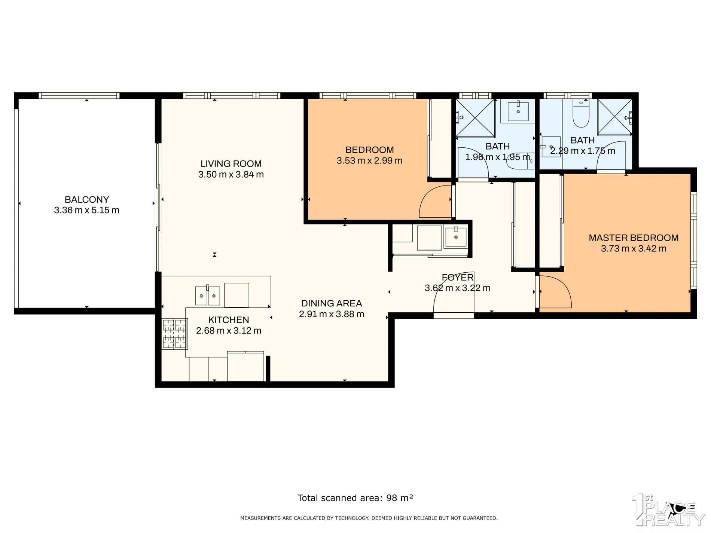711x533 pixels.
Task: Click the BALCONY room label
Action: coord(87,199)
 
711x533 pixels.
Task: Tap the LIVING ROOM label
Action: coord(231,163)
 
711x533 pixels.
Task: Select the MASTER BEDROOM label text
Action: coord(634,238)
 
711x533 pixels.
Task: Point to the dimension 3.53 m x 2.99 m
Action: coord(369,161)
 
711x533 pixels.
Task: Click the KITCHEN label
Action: coord(229,320)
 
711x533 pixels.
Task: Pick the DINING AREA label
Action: coord(332,303)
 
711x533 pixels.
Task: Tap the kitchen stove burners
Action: coord(174,334)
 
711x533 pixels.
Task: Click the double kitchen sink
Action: coord(207,296)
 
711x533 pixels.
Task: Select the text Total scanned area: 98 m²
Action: coord(355,498)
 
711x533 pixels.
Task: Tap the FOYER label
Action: coord(457,278)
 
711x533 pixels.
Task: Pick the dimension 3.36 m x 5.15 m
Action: coord(87,210)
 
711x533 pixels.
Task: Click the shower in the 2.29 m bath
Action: coord(614,116)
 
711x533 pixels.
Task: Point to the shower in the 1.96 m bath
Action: coord(475,117)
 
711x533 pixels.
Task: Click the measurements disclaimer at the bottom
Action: coord(369,518)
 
